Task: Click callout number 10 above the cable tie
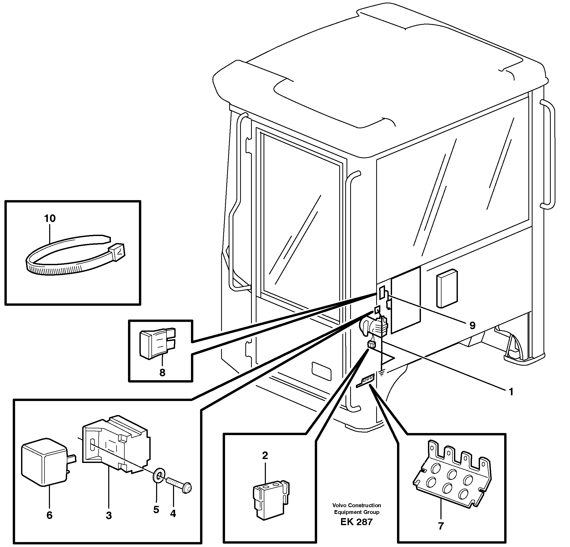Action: point(50,219)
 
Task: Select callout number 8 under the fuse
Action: point(162,372)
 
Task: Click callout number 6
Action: point(49,515)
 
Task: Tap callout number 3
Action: point(109,516)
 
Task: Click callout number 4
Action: point(173,514)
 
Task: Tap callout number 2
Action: point(265,455)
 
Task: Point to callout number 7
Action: point(441,526)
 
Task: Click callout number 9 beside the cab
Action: point(472,325)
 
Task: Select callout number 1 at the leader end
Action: point(511,392)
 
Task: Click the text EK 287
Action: point(356,522)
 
